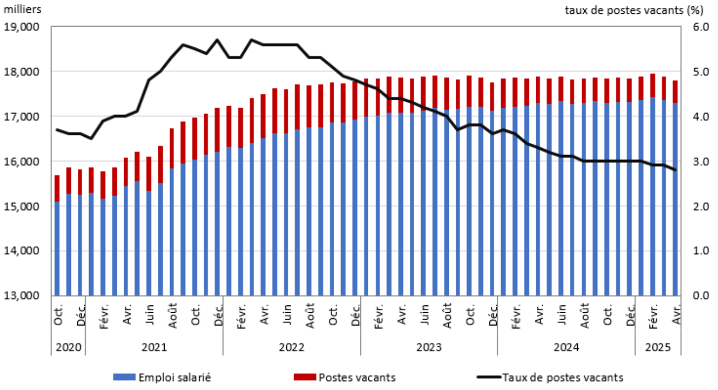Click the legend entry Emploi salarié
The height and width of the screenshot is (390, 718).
tap(162, 377)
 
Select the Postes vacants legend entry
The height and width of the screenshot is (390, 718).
tap(344, 377)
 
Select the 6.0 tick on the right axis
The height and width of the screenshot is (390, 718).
tap(694, 27)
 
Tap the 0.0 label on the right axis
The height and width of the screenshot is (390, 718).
tap(694, 296)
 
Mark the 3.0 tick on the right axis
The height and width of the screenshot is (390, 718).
tap(694, 161)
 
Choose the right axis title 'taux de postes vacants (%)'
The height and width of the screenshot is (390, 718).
tap(634, 9)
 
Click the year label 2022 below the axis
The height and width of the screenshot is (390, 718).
tap(292, 347)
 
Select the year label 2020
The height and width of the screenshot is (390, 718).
tap(68, 347)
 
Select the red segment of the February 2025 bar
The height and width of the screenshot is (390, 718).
tap(652, 86)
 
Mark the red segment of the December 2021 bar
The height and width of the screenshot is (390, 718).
tap(217, 130)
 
